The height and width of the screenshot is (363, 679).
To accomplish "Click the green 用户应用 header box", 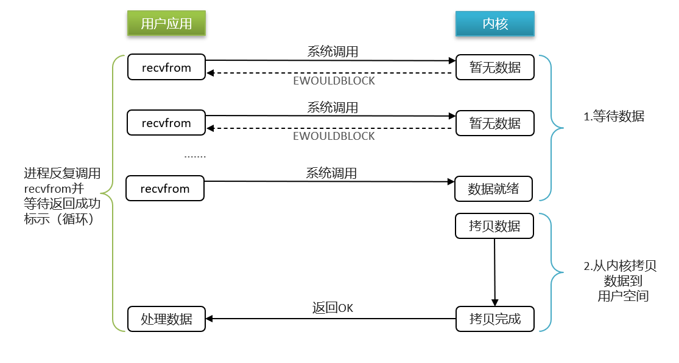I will [166, 24].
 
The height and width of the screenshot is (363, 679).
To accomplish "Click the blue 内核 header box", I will [494, 24].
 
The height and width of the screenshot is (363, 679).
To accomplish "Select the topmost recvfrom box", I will [166, 67].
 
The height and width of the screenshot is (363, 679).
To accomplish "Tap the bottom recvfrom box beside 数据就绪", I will [164, 188].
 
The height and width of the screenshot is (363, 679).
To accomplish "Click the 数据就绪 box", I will [493, 188].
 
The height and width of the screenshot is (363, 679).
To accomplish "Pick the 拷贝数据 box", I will [494, 226].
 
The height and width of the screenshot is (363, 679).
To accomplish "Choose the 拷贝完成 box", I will [494, 319].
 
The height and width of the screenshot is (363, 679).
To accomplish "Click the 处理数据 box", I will [166, 319].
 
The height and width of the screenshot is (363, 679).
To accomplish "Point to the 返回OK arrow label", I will [332, 308].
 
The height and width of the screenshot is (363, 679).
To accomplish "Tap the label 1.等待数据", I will [613, 117].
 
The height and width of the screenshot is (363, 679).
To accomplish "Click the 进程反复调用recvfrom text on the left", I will [62, 196].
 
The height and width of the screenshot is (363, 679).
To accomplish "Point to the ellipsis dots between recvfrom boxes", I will [195, 156].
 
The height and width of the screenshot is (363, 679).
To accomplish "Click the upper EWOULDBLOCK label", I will [334, 80].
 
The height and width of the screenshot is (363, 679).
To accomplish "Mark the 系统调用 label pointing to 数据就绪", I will [331, 173].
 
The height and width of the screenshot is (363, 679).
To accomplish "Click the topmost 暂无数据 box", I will [494, 67].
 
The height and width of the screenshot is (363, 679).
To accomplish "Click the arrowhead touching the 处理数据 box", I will [210, 319].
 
